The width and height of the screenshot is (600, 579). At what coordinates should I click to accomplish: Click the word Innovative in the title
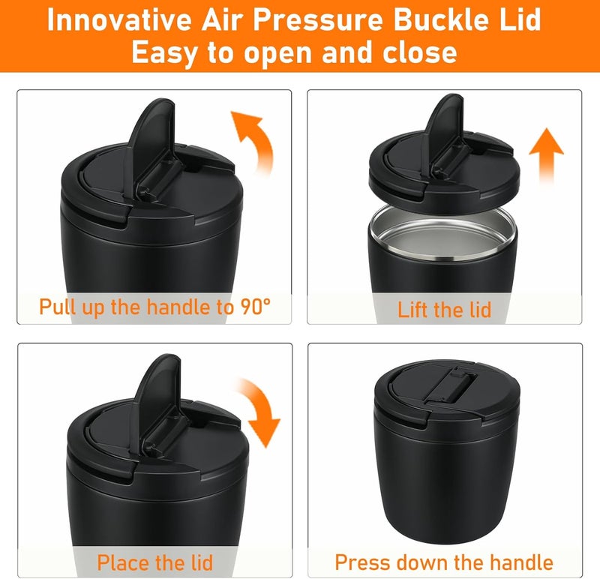point(119,19)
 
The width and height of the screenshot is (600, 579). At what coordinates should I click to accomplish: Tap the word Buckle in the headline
point(441,19)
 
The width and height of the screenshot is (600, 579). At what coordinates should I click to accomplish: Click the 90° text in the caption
point(256,307)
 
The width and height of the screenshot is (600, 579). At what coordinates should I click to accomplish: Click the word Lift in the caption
point(413,310)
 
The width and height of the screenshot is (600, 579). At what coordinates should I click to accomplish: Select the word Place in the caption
point(122,562)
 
